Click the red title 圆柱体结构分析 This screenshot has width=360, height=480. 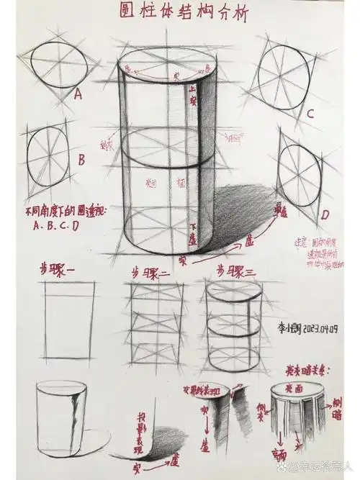[180, 12]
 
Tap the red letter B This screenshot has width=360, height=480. [81, 158]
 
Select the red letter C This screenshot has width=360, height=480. [310, 113]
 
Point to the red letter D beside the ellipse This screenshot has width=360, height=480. [325, 214]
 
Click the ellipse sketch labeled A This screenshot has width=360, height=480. [59, 63]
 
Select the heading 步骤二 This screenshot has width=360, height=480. [150, 273]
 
